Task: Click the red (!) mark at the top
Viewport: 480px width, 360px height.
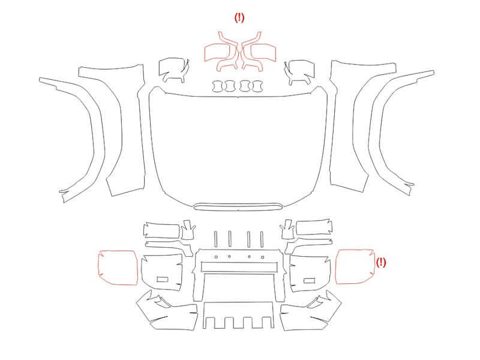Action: click(239, 18)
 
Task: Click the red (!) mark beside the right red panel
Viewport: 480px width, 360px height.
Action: click(381, 262)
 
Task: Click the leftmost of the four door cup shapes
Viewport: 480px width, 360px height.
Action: click(213, 86)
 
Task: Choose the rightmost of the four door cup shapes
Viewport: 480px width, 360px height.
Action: click(262, 86)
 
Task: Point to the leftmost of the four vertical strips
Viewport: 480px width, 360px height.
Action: click(216, 239)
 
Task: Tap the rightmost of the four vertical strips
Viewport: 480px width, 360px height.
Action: click(262, 239)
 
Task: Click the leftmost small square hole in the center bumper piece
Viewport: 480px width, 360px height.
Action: click(216, 257)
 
